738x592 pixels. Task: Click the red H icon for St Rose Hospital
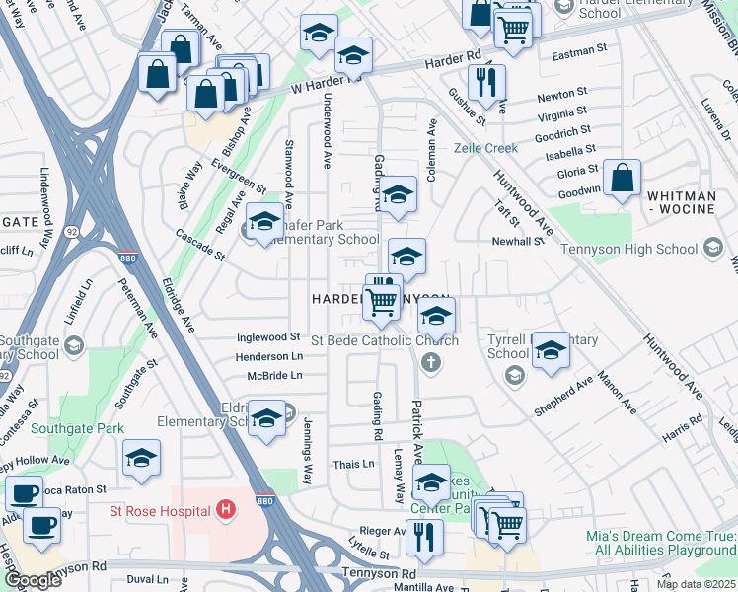(x=226, y=510)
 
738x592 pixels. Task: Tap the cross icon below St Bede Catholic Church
(x=430, y=363)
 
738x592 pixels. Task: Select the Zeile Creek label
(x=485, y=148)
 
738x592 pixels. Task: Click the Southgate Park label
(x=77, y=428)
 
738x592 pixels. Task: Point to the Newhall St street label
(x=518, y=241)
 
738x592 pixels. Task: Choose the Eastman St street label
(x=579, y=50)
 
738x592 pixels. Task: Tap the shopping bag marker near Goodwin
(x=622, y=180)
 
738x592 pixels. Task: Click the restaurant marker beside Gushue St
(x=486, y=84)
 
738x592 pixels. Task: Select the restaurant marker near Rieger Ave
(x=424, y=538)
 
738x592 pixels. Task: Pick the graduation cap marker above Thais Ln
(x=266, y=418)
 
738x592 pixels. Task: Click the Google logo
(x=32, y=580)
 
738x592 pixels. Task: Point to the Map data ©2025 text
(x=696, y=584)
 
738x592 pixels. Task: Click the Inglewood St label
(x=268, y=336)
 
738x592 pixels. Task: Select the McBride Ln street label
(x=275, y=375)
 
